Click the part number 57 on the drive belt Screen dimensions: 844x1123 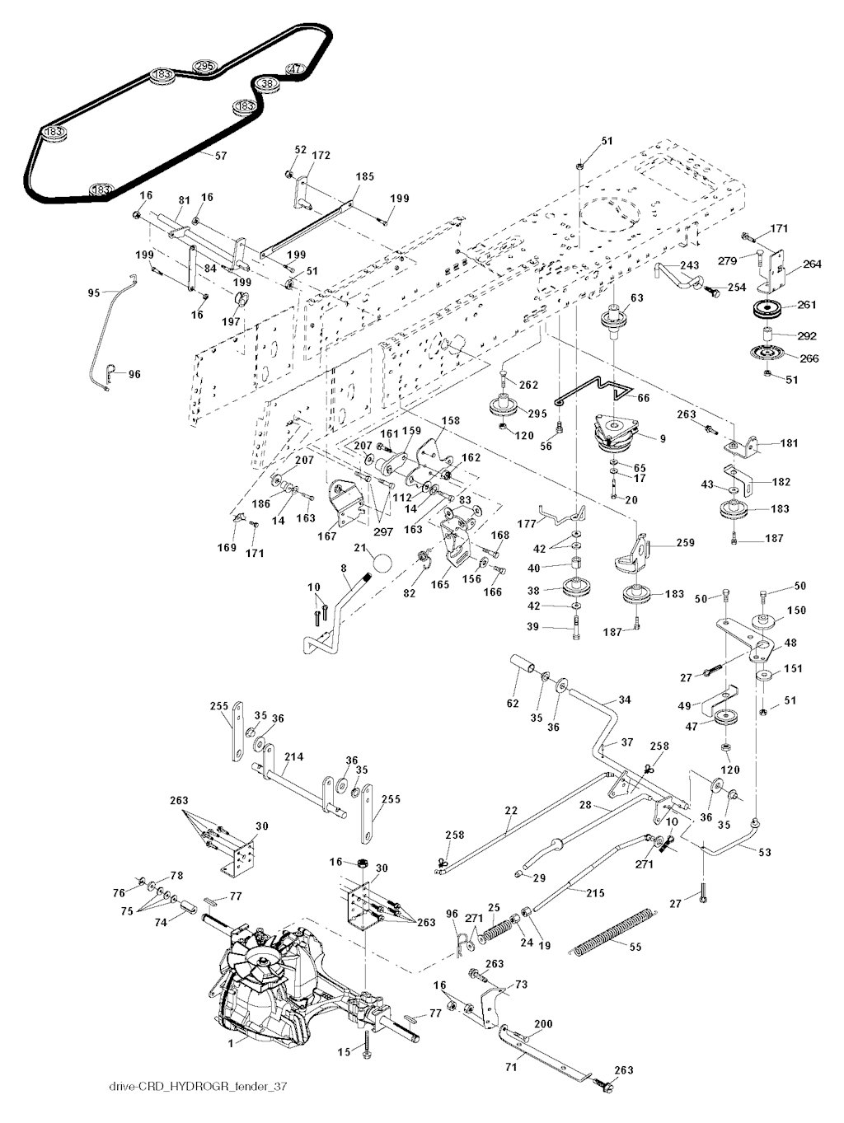pos(221,156)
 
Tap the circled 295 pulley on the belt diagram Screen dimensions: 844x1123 pos(204,67)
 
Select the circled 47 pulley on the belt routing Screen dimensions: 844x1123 pos(296,68)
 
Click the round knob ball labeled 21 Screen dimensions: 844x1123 pos(382,564)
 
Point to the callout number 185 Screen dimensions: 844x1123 pos(365,177)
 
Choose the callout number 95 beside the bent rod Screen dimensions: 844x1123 pos(94,293)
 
